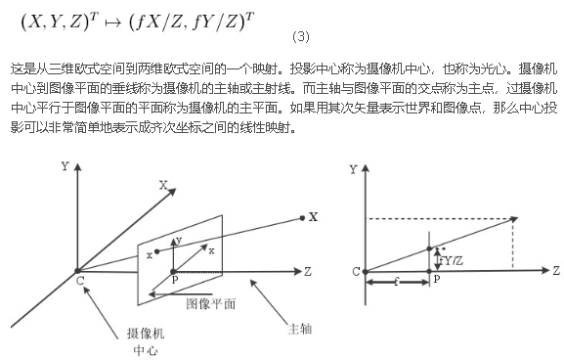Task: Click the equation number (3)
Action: click(301, 38)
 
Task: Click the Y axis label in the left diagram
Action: click(65, 167)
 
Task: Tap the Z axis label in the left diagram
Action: click(307, 269)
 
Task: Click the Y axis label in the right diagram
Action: click(353, 170)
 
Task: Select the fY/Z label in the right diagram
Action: click(451, 260)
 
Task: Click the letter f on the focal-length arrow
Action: click(397, 289)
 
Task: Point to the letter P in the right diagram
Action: click(436, 280)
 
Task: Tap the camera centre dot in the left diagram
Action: click(75, 269)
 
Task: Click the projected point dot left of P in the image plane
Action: click(156, 251)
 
